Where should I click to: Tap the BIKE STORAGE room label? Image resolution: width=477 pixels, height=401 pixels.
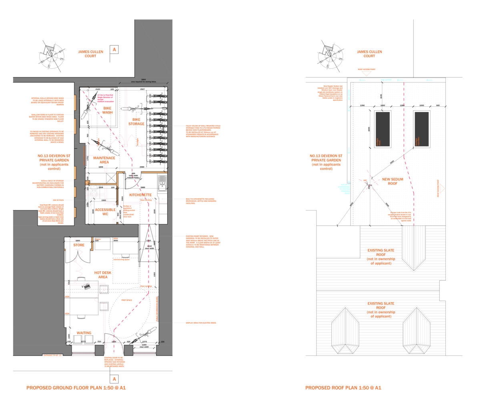coord(136,121)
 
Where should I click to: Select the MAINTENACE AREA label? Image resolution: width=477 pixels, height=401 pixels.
coord(104,160)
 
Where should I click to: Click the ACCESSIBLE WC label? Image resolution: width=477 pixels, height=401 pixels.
coord(105,212)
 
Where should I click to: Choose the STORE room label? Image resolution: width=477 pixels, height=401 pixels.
coord(78,245)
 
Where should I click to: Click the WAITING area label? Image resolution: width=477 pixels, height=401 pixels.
coord(84,333)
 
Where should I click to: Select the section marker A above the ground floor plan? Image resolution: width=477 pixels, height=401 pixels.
coord(114,50)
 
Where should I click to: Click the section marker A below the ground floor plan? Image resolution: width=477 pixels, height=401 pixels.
coord(114,379)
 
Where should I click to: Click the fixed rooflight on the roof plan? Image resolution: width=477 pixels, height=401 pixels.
coord(383,129)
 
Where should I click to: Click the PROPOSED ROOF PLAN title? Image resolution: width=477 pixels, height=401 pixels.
coord(343,388)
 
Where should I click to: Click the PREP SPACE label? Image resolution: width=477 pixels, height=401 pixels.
coord(127,300)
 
